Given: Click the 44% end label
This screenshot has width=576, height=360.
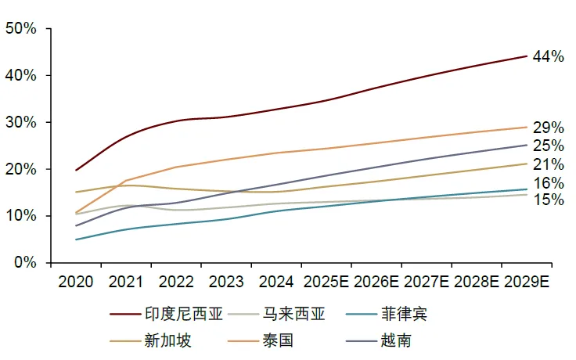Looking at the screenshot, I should [x=548, y=56].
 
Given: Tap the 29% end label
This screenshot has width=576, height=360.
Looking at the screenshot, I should [x=548, y=128].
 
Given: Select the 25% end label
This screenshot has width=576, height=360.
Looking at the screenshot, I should [x=548, y=146].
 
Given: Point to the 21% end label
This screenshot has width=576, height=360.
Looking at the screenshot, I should [x=548, y=164].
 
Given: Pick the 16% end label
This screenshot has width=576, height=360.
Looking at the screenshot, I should [x=548, y=184].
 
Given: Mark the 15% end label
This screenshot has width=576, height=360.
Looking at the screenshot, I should [x=548, y=200].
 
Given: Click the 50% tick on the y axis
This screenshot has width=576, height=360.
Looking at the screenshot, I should [x=20, y=29].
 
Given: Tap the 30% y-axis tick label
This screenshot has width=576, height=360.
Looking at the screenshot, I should [x=20, y=123].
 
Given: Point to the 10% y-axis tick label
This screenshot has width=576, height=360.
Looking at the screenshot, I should [x=20, y=216].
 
